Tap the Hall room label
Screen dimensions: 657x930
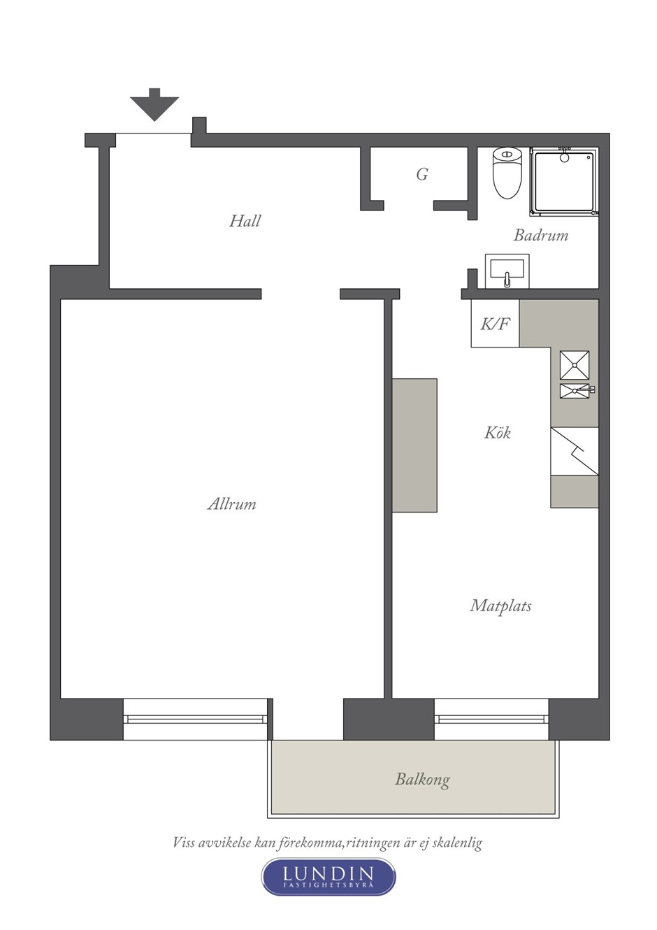pyautogui.click(x=245, y=220)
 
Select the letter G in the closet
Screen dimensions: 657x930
pyautogui.click(x=422, y=174)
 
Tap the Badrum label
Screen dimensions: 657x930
pyautogui.click(x=541, y=235)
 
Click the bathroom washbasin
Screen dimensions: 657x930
pyautogui.click(x=507, y=271)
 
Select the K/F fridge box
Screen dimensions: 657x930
pyautogui.click(x=495, y=324)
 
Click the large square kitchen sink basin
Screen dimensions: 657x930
pyautogui.click(x=575, y=365)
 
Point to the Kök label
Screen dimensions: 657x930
pyautogui.click(x=497, y=433)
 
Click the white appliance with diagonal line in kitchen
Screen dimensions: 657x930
pyautogui.click(x=575, y=451)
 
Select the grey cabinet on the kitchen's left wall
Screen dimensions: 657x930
pyautogui.click(x=414, y=445)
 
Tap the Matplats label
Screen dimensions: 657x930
pyautogui.click(x=500, y=606)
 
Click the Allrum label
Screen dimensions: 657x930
pyautogui.click(x=231, y=504)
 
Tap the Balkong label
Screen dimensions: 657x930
pyautogui.click(x=422, y=780)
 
